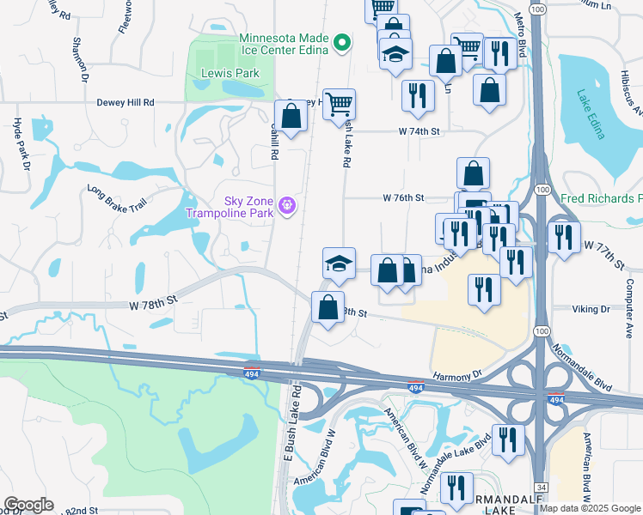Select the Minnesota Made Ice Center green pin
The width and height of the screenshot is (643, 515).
tap(342, 42)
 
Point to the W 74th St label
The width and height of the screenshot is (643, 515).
tap(419, 131)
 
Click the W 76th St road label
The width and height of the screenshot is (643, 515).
tap(404, 197)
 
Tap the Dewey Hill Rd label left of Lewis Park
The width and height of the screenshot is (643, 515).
tap(126, 102)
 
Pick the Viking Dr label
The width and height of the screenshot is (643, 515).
tap(592, 308)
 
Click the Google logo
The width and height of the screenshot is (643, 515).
tap(28, 505)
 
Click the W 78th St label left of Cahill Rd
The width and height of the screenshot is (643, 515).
tap(153, 303)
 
